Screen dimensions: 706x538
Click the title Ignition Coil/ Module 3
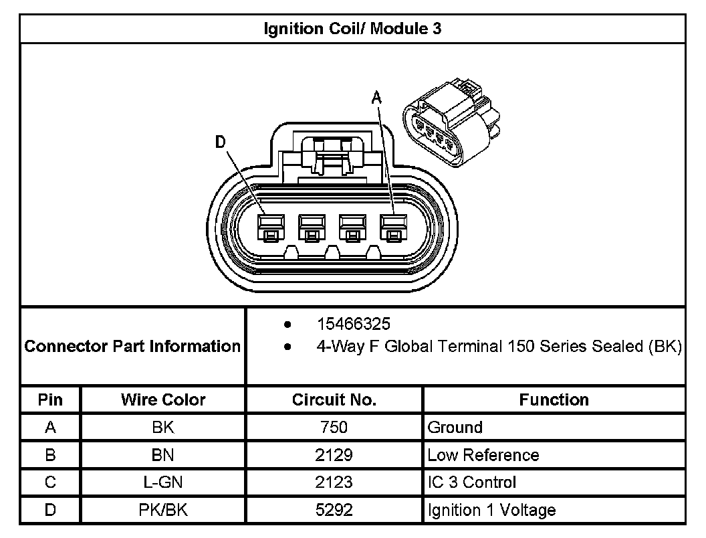coord(352,29)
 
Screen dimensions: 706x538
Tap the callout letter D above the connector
coord(221,142)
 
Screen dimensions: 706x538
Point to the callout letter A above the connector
coord(376,98)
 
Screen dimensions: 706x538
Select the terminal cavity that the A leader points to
coord(393,228)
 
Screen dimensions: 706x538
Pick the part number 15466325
coord(353,325)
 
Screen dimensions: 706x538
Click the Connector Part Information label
coord(132,347)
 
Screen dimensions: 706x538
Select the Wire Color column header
coord(163,400)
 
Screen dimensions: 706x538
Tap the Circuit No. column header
coord(334,400)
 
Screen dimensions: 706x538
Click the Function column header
coord(554,400)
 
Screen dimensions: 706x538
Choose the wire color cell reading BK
coord(163,428)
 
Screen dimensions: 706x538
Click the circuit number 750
coord(334,428)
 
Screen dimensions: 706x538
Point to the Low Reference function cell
coord(483,456)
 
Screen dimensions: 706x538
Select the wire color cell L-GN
coord(163,482)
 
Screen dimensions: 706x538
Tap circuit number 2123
coord(334,482)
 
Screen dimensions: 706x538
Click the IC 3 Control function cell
coord(471,482)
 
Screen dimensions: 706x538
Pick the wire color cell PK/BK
coord(163,511)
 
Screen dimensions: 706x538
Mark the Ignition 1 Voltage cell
coord(491,511)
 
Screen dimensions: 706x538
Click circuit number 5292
coord(334,511)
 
